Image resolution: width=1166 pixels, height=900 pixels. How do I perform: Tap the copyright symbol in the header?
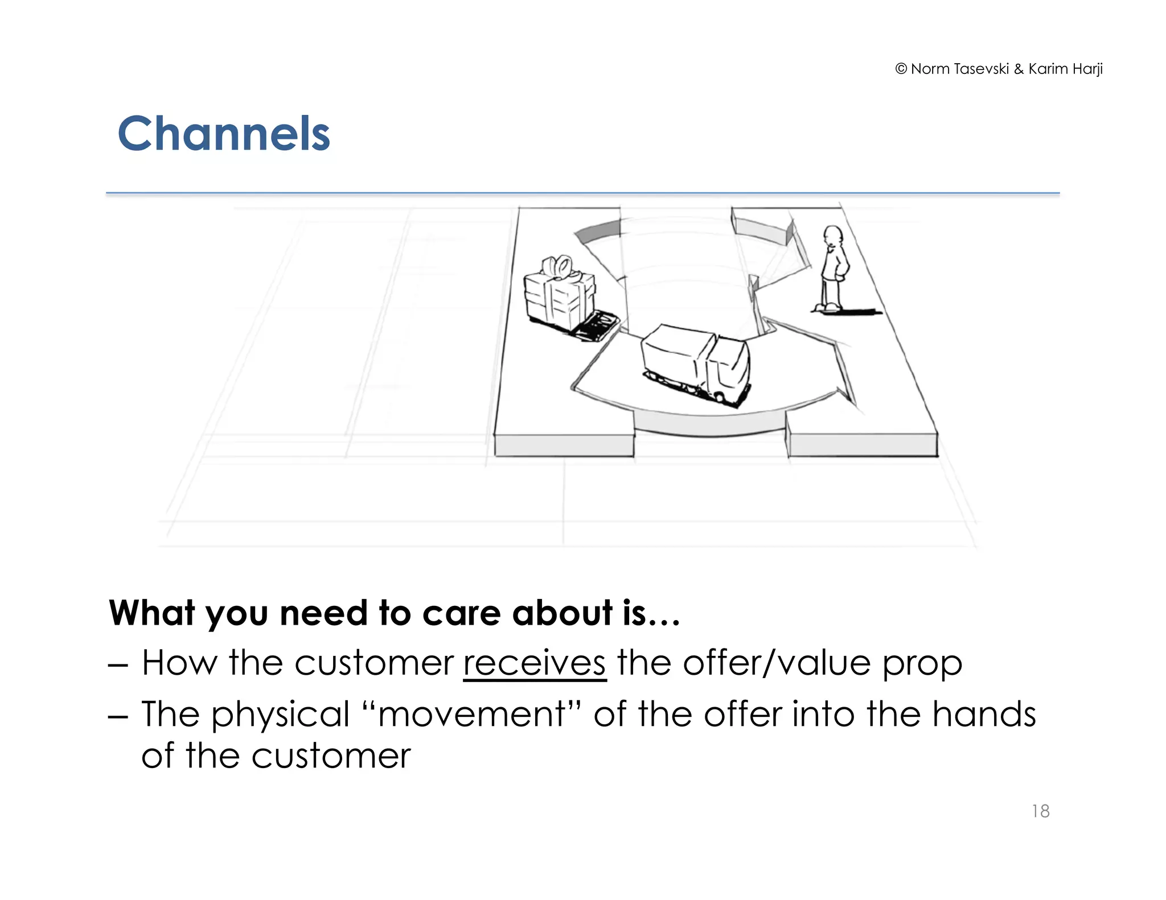[x=901, y=69]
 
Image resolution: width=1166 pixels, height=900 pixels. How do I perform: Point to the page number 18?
[x=1040, y=811]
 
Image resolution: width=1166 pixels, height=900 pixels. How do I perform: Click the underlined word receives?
[x=534, y=663]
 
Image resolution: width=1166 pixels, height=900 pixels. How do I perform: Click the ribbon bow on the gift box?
[x=557, y=266]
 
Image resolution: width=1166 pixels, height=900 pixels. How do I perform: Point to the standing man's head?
[x=833, y=235]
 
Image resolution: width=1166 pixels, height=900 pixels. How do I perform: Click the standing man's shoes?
[x=828, y=308]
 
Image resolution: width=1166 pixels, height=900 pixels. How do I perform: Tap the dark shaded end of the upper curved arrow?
[x=598, y=230]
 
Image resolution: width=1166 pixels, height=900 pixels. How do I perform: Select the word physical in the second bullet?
[x=280, y=714]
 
